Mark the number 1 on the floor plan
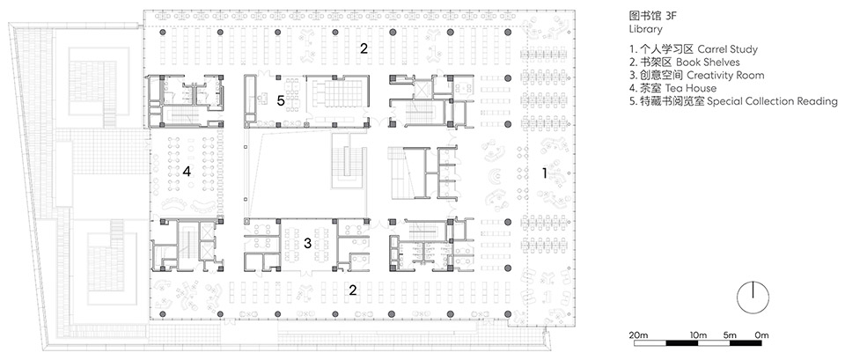545,173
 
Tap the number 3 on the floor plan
306,242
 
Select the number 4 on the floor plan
187,173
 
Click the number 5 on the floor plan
280,101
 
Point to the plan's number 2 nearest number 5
363,49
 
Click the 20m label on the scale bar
638,335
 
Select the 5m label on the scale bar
731,335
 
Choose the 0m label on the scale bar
760,335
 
